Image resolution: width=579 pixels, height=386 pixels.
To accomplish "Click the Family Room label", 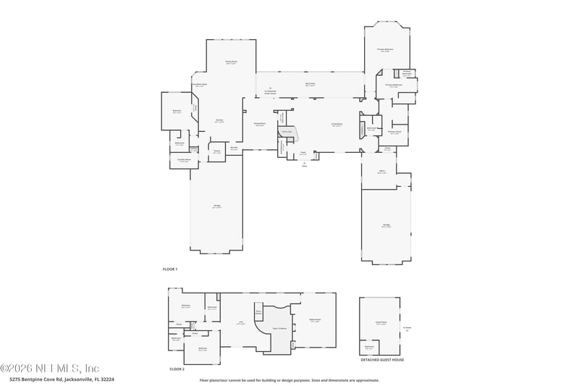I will point(231,63).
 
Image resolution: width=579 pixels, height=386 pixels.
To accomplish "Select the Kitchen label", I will point(219,120).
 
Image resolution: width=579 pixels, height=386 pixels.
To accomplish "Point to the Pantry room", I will point(216,151).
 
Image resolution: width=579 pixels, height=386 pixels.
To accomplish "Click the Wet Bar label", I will point(234,148).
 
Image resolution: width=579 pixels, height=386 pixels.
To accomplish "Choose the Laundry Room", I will point(185,160).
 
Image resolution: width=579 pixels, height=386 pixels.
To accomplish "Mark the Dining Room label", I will point(259,124).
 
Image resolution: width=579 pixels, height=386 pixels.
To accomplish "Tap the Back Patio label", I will point(310,84).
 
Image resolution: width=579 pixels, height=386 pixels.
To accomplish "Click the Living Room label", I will point(337,125).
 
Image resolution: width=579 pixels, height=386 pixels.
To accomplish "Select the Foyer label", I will point(304,153).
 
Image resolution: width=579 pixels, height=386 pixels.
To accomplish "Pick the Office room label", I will point(383,172).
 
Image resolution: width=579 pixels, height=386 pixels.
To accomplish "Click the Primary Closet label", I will point(395,133).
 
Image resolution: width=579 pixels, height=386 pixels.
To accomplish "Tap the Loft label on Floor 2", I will point(240,323).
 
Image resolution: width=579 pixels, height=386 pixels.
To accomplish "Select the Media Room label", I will point(315,320).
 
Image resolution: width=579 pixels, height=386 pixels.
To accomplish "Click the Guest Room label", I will point(381,323).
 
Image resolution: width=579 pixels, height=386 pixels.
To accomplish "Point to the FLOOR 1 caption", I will point(170,269).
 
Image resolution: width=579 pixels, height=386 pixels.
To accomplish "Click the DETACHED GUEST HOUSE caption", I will point(383,359).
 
